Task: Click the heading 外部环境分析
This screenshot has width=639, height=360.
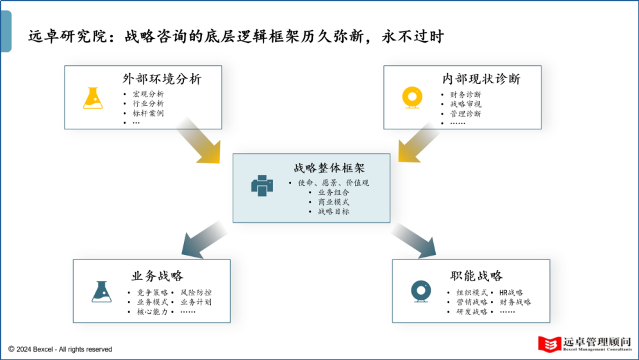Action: pos(162,79)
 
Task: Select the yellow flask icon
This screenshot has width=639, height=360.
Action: pos(93,97)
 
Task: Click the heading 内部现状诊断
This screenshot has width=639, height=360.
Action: pos(481,79)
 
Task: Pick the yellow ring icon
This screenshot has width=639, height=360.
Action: pos(411,97)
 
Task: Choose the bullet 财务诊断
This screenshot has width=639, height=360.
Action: pos(465,94)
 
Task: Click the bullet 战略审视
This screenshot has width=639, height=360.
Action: pos(465,104)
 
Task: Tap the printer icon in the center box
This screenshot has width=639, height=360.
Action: pos(262,186)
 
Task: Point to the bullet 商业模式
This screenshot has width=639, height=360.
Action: pos(333,202)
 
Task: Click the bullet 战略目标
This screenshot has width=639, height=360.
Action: pos(333,211)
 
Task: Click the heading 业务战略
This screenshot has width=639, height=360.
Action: pos(157,276)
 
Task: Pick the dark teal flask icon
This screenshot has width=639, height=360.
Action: pos(101,292)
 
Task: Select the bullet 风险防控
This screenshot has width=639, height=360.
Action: pos(195,292)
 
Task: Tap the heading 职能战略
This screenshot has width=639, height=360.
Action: pos(476,276)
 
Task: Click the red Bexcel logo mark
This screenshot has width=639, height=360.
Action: pos(549,343)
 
